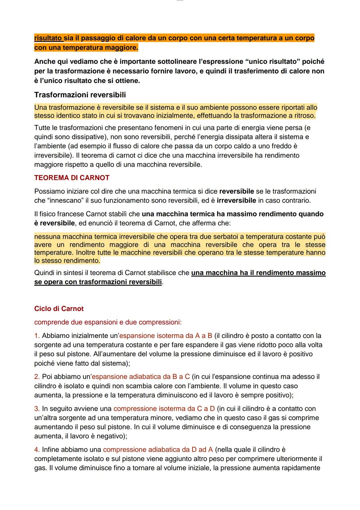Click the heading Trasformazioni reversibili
(x=80, y=95)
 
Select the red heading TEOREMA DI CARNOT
(x=72, y=178)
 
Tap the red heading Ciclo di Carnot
(x=59, y=309)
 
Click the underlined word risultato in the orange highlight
(x=48, y=38)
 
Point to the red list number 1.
(x=37, y=336)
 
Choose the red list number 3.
(x=37, y=409)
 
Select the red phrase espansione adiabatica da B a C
(x=140, y=377)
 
